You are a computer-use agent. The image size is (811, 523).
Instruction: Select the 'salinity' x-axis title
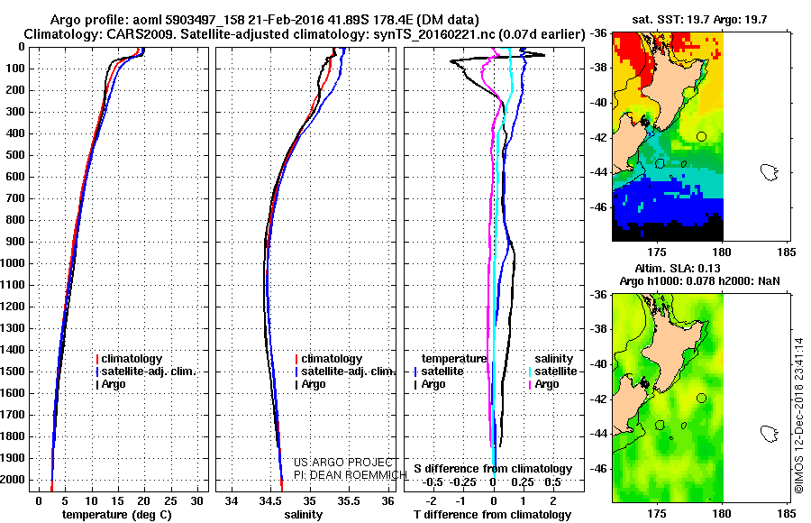coord(302,514)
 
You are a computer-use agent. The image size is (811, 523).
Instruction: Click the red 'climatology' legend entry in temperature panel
coord(132,359)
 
